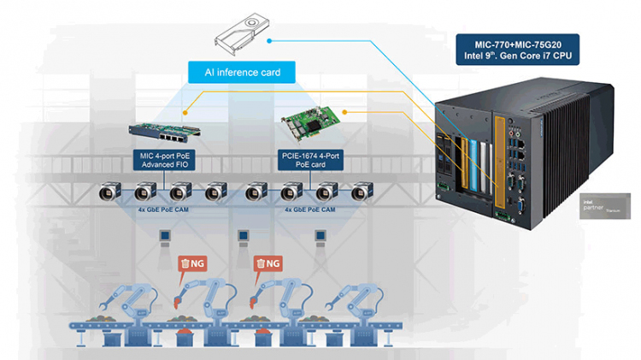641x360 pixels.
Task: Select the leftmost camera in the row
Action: pos(109,192)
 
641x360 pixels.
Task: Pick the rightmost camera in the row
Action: pos(358,192)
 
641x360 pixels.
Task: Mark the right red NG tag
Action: pos(267,263)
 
